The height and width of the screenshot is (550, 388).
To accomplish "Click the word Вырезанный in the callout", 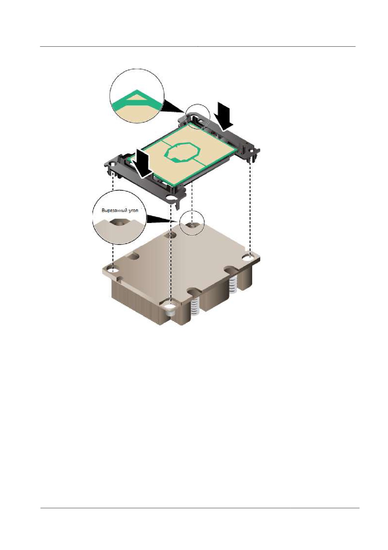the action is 113,211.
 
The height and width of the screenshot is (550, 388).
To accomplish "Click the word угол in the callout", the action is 132,211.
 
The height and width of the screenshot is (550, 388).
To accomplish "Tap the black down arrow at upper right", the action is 225,116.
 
